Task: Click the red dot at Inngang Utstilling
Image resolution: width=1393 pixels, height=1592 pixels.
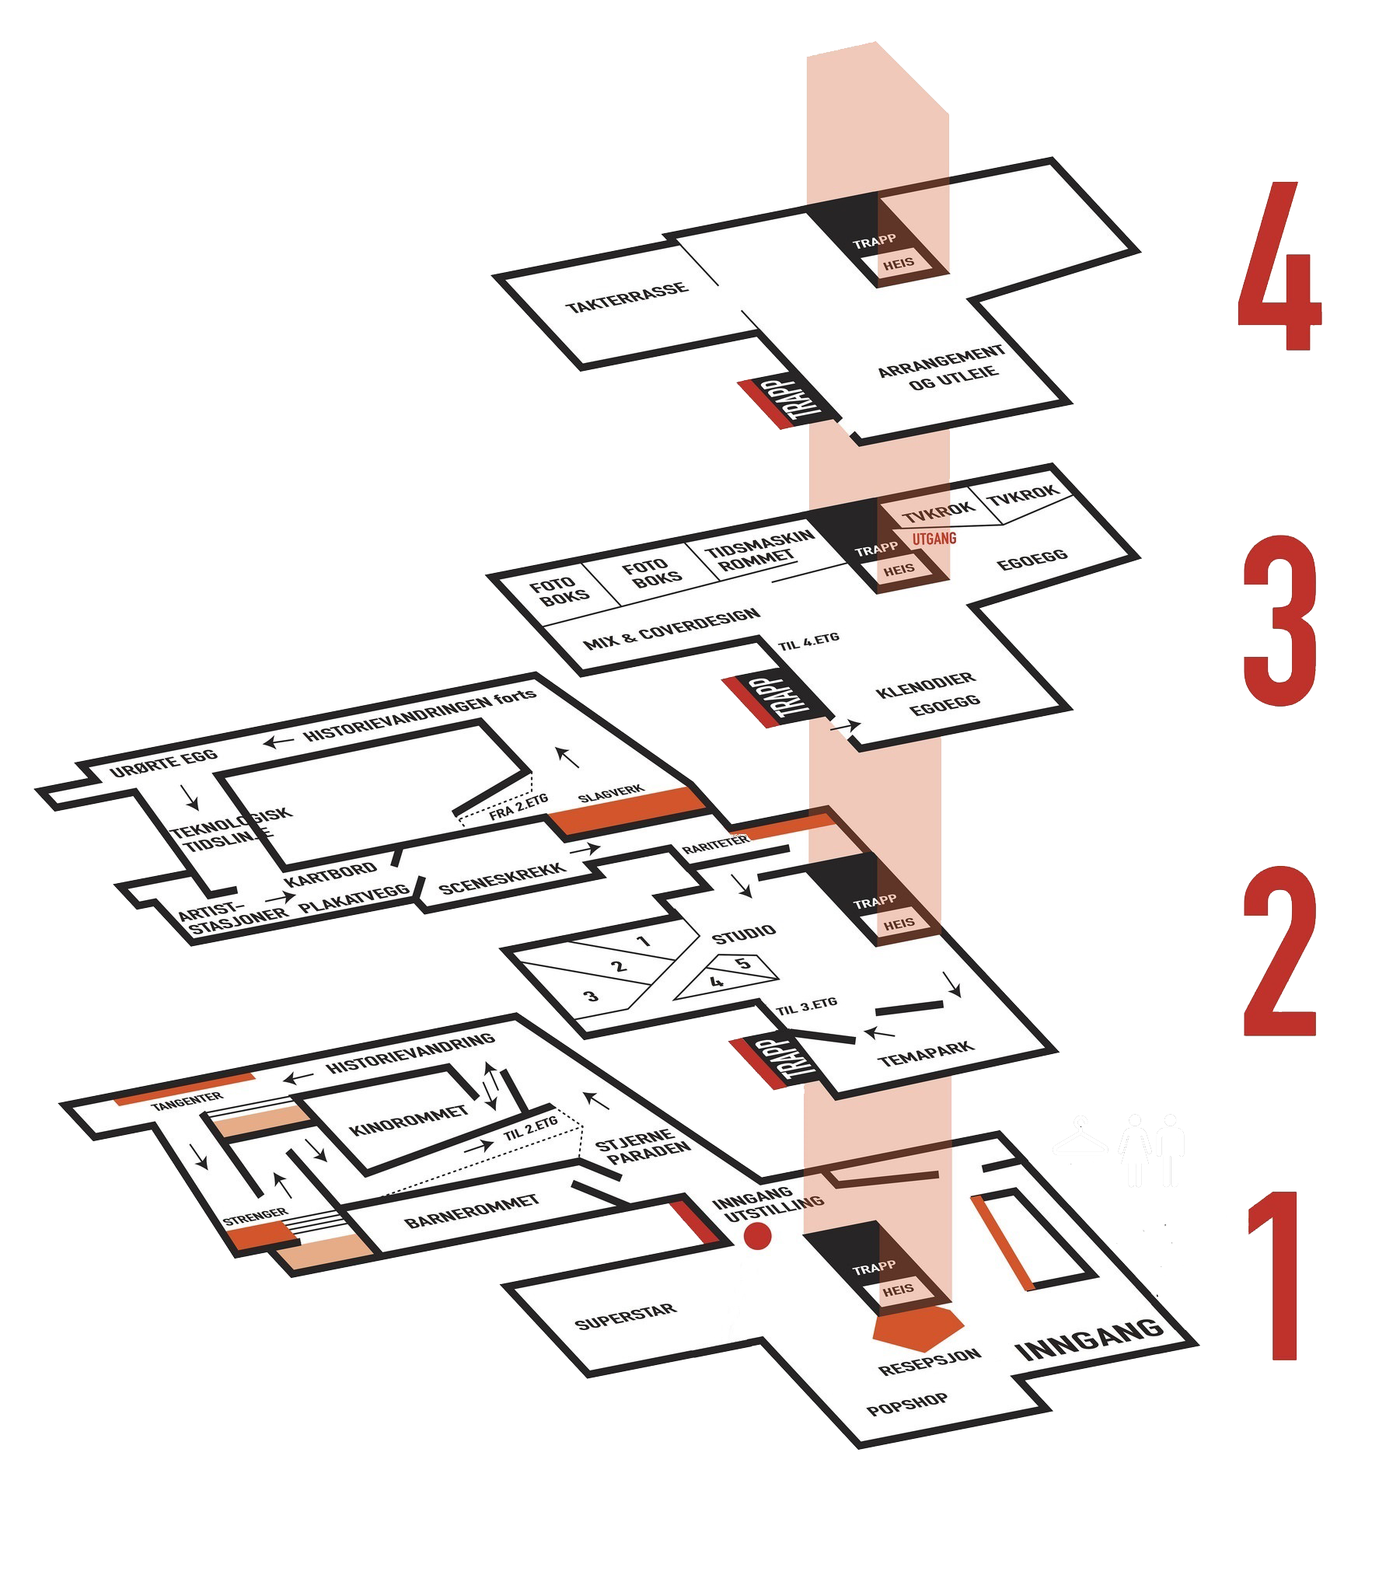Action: pyautogui.click(x=757, y=1235)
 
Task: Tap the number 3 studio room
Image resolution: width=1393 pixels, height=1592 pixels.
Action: pyautogui.click(x=592, y=996)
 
